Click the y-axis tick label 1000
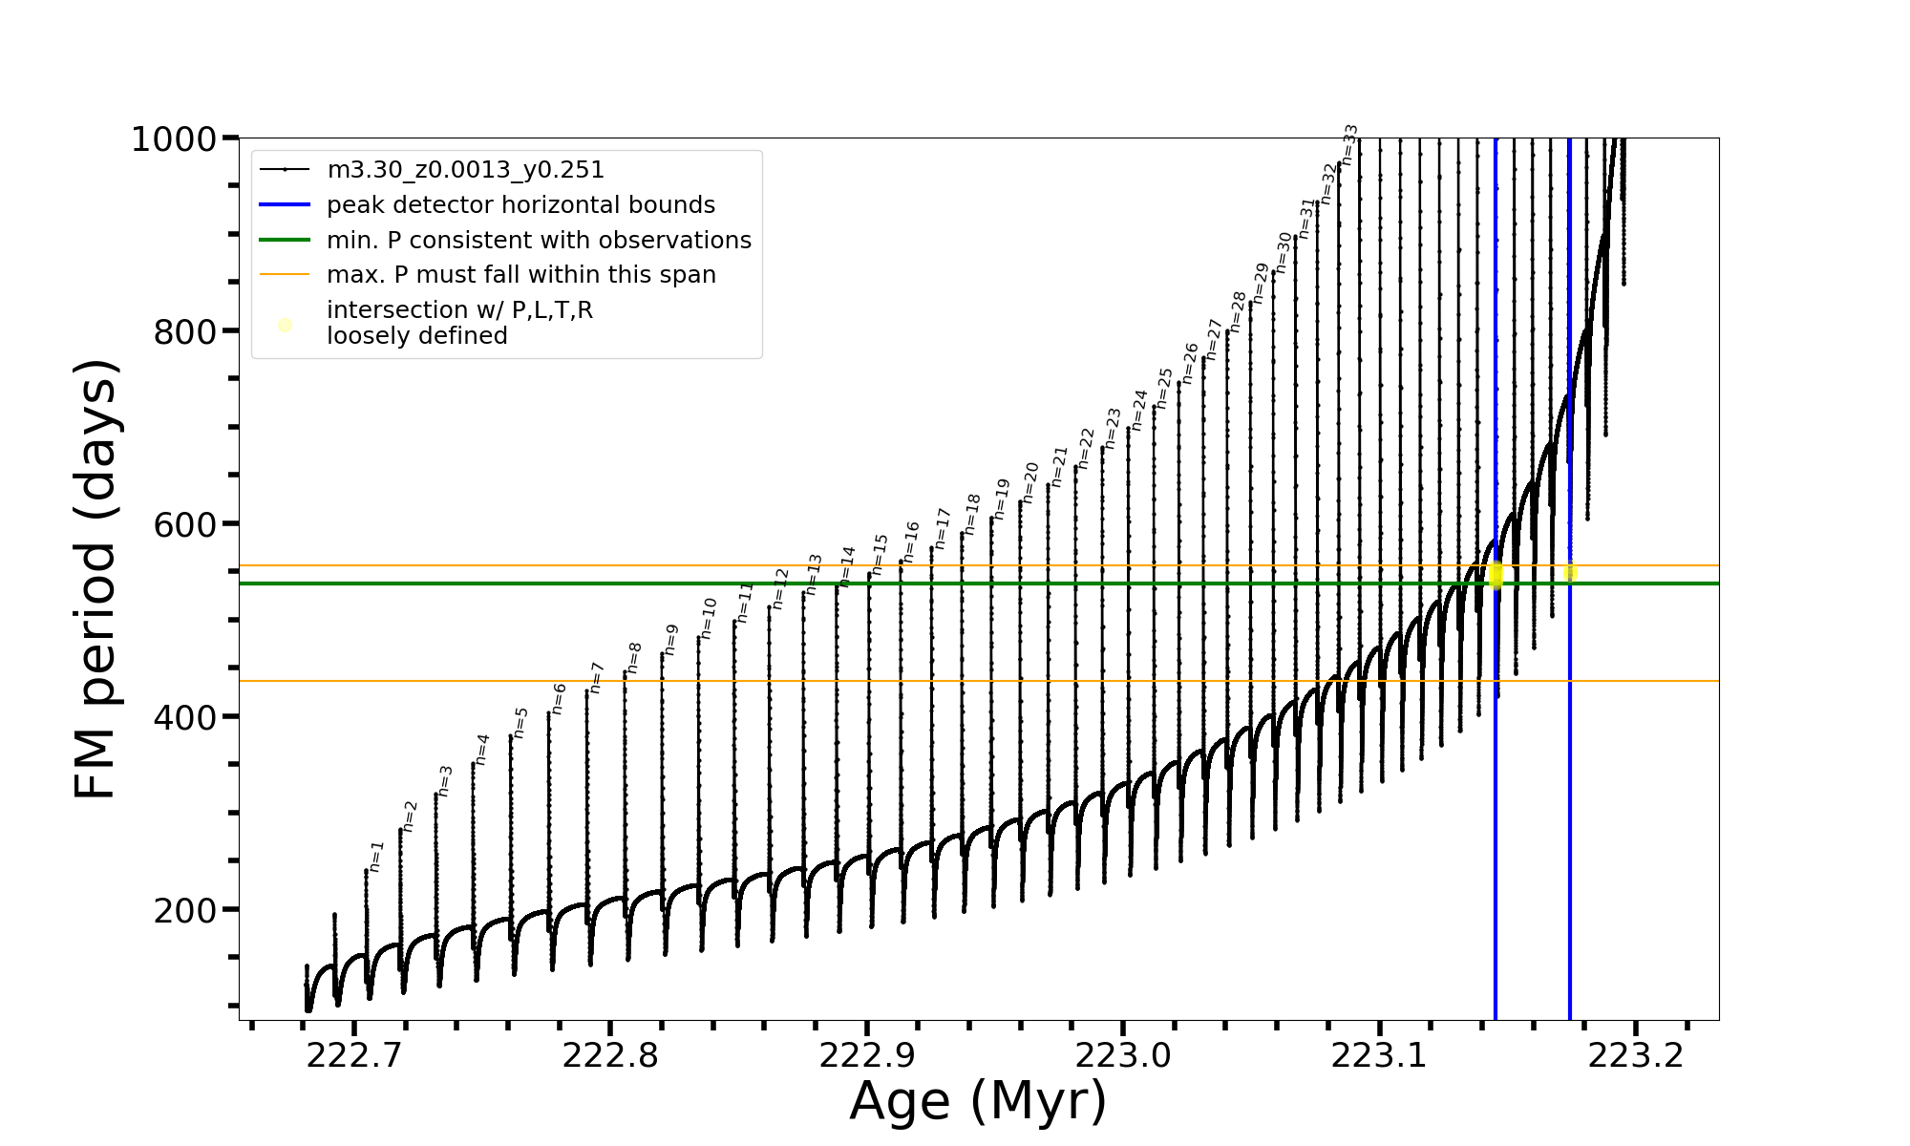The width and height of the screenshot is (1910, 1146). [x=174, y=139]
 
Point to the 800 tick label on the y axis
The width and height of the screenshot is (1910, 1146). [x=185, y=332]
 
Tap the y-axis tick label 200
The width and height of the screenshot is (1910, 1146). [x=185, y=910]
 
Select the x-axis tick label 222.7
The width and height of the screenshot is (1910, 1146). [x=353, y=1055]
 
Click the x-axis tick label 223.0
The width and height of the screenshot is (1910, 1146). [x=1123, y=1055]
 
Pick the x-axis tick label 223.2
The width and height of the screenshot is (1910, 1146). [x=1636, y=1055]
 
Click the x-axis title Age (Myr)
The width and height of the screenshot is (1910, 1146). [x=978, y=1101]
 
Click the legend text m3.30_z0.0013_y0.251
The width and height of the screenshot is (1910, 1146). [x=465, y=170]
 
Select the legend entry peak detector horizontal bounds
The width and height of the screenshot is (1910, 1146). [x=520, y=205]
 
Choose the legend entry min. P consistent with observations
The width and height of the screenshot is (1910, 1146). [x=539, y=241]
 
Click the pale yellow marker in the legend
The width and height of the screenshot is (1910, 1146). [x=285, y=326]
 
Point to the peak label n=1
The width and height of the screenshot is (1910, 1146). [x=376, y=857]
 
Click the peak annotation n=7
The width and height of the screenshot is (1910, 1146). [x=597, y=677]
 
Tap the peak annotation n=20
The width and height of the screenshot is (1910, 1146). [x=1030, y=482]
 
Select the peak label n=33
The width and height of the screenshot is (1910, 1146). [x=1349, y=144]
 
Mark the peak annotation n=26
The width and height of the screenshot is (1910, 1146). [x=1190, y=363]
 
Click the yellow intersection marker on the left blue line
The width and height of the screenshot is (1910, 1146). [x=1496, y=575]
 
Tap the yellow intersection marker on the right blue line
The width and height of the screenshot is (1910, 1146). [x=1570, y=572]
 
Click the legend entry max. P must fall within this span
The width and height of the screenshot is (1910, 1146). [x=520, y=275]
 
